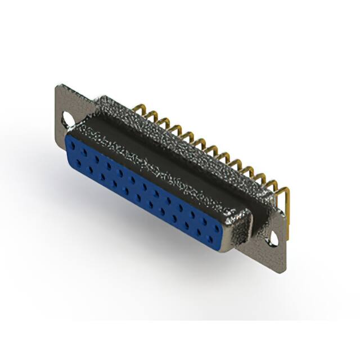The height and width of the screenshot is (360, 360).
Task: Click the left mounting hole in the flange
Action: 69,119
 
